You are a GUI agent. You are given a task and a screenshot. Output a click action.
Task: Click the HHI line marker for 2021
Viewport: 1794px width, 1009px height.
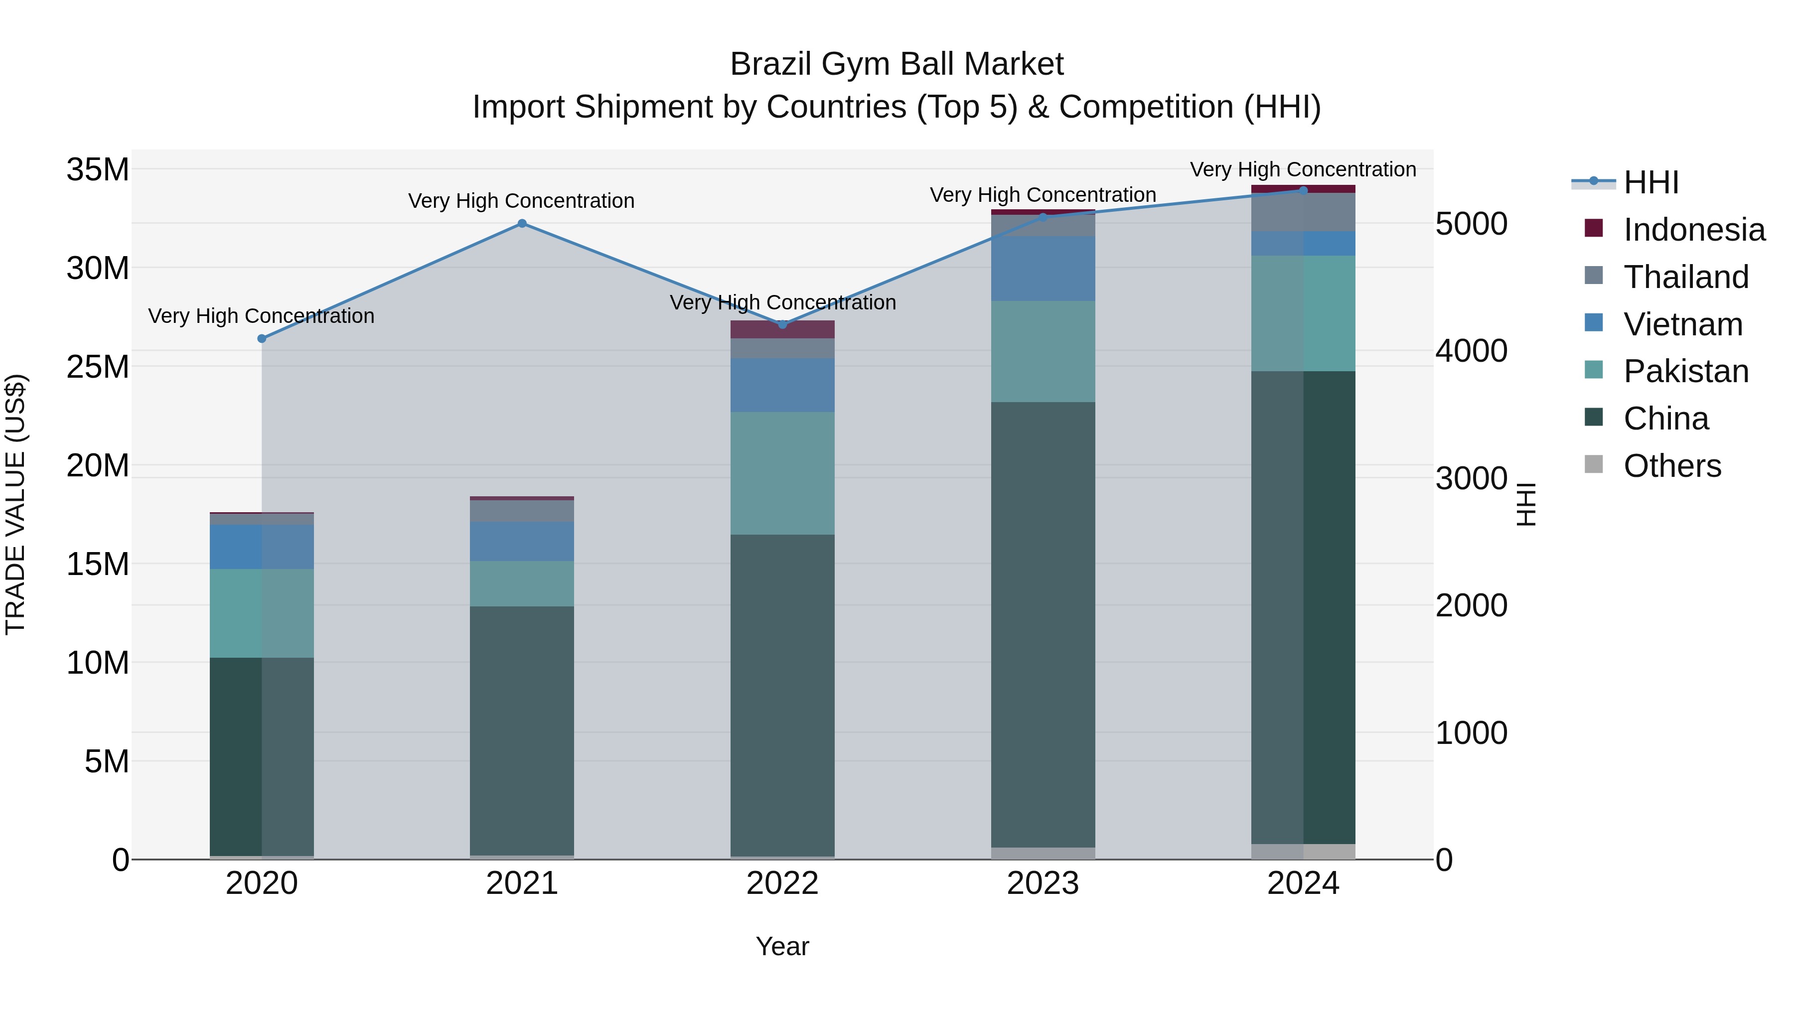pos(522,224)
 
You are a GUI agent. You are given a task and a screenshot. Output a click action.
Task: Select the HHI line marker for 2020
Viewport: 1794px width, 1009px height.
pos(262,338)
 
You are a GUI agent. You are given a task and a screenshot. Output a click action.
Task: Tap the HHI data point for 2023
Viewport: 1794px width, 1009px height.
pos(1043,217)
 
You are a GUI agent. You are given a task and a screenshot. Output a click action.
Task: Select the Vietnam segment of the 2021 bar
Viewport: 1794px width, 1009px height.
pos(522,541)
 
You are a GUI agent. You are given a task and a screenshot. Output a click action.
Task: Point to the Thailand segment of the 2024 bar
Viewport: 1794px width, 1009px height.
pos(1303,212)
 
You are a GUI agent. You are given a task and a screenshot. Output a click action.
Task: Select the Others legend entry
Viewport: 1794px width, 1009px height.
pos(1671,466)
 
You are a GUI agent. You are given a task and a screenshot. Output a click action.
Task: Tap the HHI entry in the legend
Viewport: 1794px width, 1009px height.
pos(1650,182)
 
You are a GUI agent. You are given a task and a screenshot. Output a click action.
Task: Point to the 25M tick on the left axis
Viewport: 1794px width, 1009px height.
pos(98,366)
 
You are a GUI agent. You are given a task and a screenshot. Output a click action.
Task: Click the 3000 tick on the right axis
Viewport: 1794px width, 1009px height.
pos(1471,478)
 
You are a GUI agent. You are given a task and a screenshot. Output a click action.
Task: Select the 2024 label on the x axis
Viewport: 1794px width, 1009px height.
pos(1303,883)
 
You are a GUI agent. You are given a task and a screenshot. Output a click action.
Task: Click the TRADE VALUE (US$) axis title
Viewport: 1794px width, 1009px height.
pos(15,504)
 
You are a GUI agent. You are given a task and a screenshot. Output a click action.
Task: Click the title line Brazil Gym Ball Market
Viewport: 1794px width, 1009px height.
pos(897,64)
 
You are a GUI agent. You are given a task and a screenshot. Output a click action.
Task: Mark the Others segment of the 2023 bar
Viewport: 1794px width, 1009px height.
pos(1043,853)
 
